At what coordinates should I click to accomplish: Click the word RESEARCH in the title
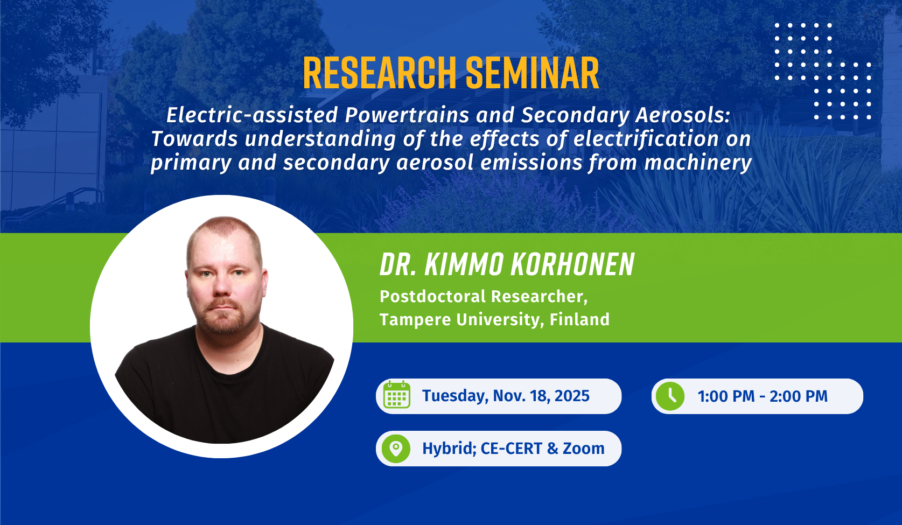click(x=379, y=73)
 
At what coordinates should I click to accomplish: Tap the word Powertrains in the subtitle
click(x=407, y=115)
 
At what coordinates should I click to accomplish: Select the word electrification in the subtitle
click(x=646, y=139)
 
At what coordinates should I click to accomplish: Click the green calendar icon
click(x=397, y=395)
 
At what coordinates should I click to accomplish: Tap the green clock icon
click(x=670, y=396)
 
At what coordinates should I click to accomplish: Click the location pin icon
click(x=396, y=449)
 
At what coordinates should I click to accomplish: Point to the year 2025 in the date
click(x=572, y=396)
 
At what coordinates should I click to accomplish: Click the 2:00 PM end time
click(x=799, y=396)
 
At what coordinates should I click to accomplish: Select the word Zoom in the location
click(x=584, y=449)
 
